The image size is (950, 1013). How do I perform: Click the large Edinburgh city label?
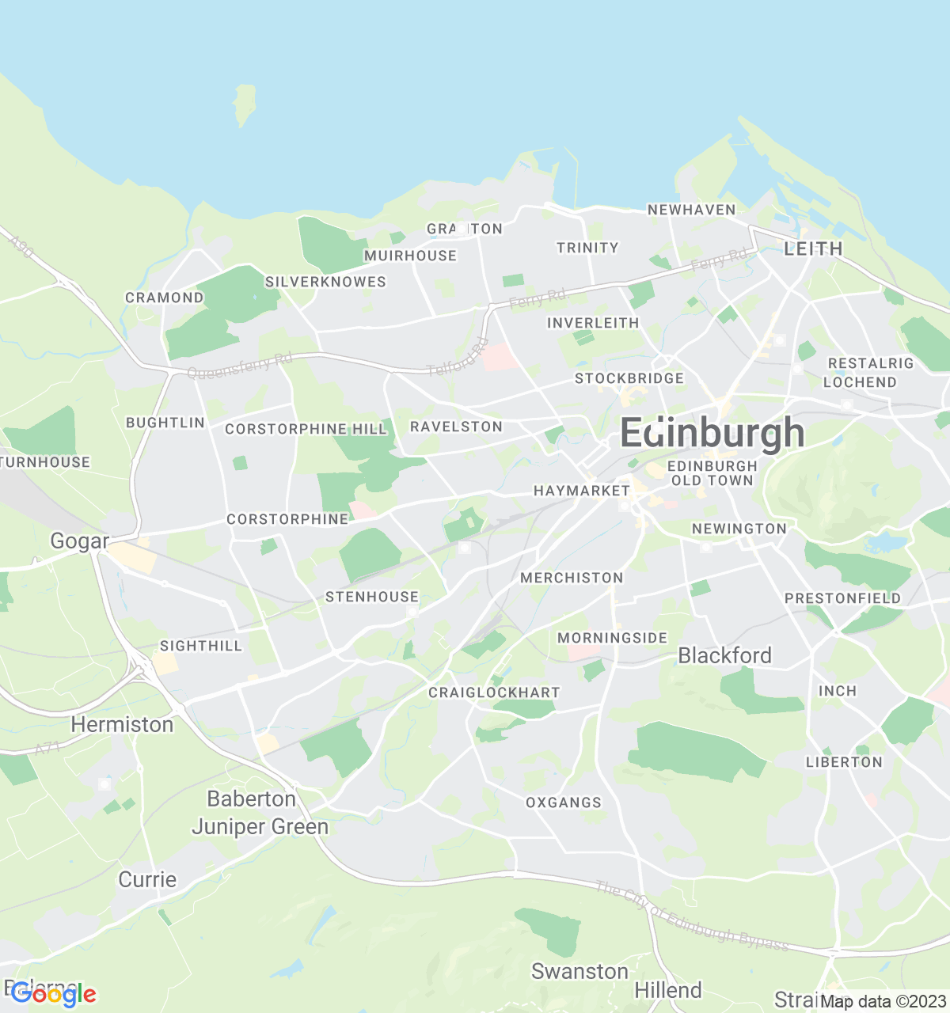coord(712,433)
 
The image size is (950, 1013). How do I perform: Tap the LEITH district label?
coord(813,249)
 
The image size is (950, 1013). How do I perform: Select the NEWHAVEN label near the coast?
coord(691,210)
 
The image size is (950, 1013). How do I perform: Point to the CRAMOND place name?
coord(165,298)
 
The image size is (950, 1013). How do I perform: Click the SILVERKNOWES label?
coord(325,282)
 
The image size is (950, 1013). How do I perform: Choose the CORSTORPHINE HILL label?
coord(306,429)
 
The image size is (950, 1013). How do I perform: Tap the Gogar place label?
coord(79,541)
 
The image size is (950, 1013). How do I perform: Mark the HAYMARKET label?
coord(582,491)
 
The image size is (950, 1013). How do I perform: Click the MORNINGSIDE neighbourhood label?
coord(612,638)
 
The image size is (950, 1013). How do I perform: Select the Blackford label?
coord(724,655)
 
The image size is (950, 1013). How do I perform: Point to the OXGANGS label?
coord(564,802)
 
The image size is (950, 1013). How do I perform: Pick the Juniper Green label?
coord(260,827)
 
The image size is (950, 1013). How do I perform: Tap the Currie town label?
coord(147,879)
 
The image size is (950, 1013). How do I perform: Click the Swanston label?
coord(579,971)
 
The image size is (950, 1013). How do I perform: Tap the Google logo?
coord(53,994)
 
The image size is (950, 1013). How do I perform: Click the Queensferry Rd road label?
coord(240,366)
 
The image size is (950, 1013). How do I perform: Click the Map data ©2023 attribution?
coord(883,1002)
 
